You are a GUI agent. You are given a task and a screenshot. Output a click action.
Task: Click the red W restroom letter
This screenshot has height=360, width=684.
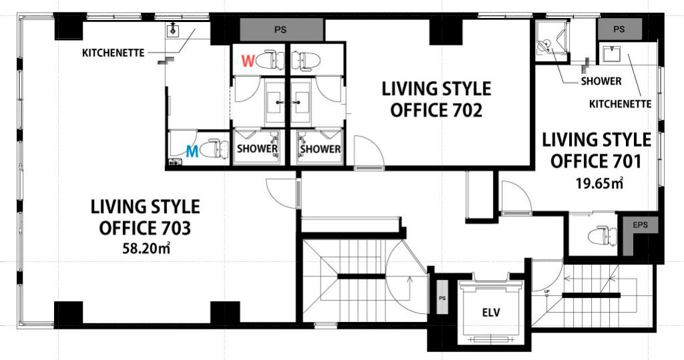pyautogui.click(x=248, y=61)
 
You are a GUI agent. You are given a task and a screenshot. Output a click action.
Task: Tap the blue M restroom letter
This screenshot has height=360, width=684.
pyautogui.click(x=192, y=152)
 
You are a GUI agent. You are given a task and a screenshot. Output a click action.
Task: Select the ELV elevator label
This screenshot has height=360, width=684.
pyautogui.click(x=491, y=313)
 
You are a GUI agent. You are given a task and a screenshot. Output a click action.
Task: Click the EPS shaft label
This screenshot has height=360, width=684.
pyautogui.click(x=640, y=225)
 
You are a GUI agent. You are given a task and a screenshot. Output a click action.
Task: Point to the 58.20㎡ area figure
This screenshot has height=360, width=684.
pyautogui.click(x=146, y=248)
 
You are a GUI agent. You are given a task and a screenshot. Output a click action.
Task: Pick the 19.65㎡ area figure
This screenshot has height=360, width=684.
pyautogui.click(x=599, y=183)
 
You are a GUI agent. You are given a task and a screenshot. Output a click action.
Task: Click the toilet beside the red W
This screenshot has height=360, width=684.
pyautogui.click(x=270, y=60)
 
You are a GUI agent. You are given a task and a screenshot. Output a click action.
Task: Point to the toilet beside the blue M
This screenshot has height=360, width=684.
pyautogui.click(x=215, y=149)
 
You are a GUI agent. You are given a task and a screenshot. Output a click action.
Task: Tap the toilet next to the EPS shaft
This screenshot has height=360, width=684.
pyautogui.click(x=603, y=236)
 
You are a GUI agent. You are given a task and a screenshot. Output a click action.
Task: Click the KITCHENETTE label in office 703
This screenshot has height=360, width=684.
pyautogui.click(x=114, y=53)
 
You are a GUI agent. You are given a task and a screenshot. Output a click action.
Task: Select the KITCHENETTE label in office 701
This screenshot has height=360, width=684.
pyautogui.click(x=620, y=104)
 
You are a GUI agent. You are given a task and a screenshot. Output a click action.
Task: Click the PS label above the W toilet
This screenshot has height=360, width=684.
pyautogui.click(x=281, y=30)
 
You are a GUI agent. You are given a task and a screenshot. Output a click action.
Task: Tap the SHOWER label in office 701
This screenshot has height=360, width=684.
pyautogui.click(x=601, y=81)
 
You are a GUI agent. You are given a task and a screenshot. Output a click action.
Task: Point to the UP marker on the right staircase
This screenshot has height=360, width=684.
pyautogui.click(x=546, y=291)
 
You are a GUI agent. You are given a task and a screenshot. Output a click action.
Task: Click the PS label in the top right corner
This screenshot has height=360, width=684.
pyautogui.click(x=619, y=29)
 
